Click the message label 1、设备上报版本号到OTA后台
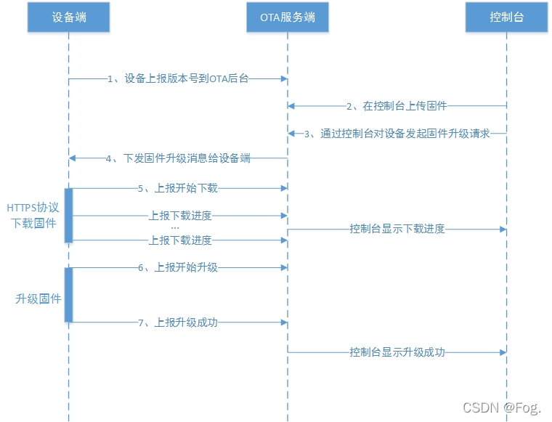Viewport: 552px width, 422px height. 178,79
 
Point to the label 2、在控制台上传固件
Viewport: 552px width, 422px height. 396,106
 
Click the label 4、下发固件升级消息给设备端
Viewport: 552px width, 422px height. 178,158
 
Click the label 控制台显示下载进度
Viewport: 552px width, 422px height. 397,229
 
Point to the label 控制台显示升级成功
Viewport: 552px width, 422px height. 397,352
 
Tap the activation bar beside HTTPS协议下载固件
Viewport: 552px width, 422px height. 69,216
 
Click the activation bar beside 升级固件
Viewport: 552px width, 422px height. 69,294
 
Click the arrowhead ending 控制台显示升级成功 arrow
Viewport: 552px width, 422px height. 502,352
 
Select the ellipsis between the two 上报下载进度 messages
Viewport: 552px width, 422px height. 175,227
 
